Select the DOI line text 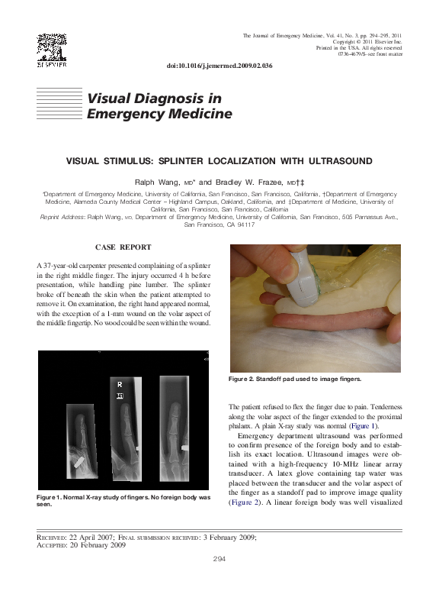pos(219,66)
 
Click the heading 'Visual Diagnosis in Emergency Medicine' pos(159,106)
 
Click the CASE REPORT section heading pos(123,247)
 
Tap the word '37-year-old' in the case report pos(66,264)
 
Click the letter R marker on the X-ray pos(119,383)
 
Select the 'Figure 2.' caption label pos(248,379)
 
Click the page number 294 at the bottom pos(219,560)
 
